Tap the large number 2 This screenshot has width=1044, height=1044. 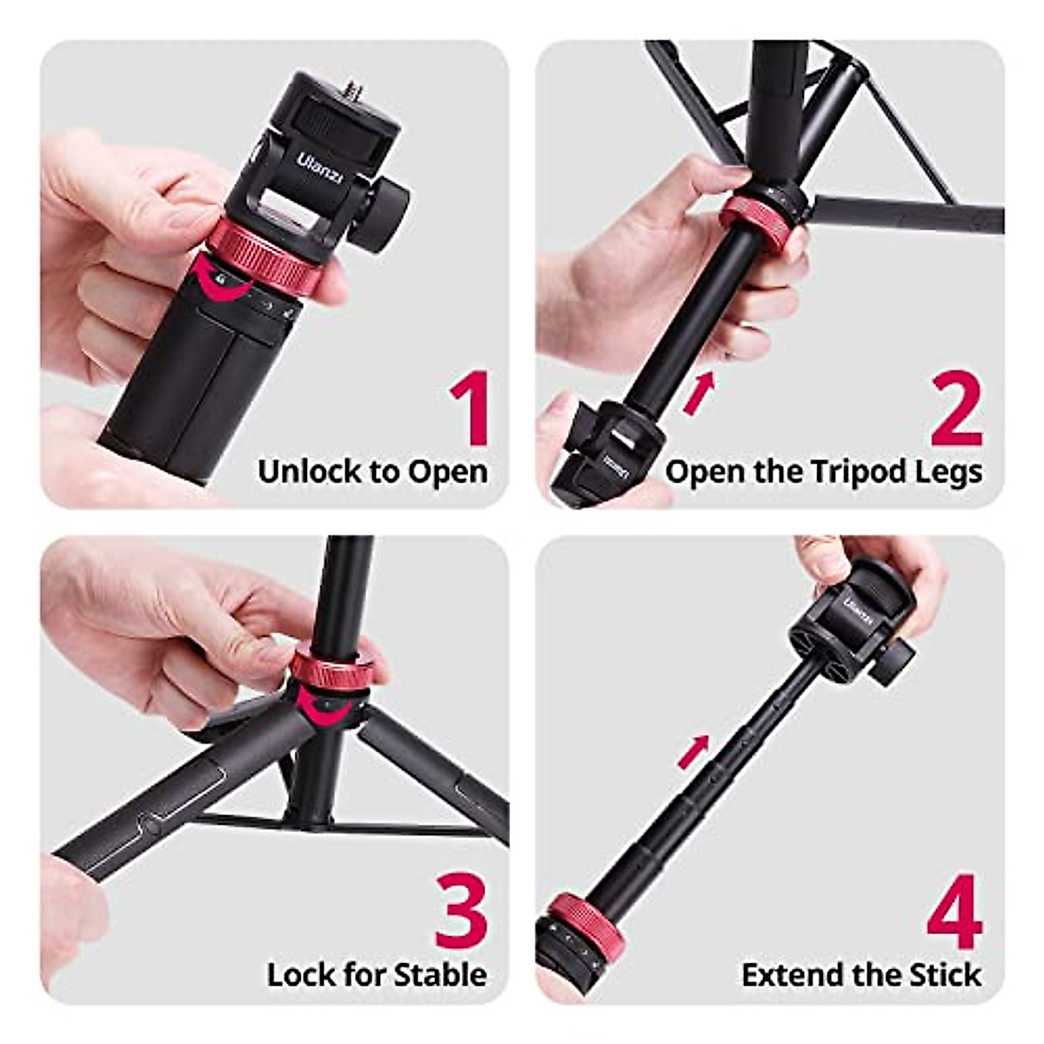(954, 408)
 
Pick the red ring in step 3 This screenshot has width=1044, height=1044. (329, 666)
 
